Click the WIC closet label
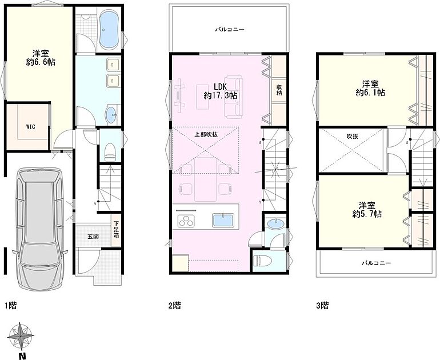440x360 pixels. (31, 127)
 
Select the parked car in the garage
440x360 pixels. (39, 229)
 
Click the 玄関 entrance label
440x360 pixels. (93, 236)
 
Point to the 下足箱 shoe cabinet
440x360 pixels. (116, 230)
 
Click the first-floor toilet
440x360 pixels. (110, 152)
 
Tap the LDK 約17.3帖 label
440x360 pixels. (220, 91)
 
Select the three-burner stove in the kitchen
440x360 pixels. (186, 220)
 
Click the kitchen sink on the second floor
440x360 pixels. (223, 220)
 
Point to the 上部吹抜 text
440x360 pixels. (206, 134)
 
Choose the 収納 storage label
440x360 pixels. (279, 90)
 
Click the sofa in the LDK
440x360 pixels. (233, 97)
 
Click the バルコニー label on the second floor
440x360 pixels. (230, 29)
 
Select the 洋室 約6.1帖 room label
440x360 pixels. (370, 88)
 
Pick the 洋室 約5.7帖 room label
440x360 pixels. (367, 210)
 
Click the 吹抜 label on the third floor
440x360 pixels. (352, 137)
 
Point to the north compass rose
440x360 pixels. (21, 335)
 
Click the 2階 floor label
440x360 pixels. (174, 305)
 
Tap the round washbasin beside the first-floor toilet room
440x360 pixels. (111, 115)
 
